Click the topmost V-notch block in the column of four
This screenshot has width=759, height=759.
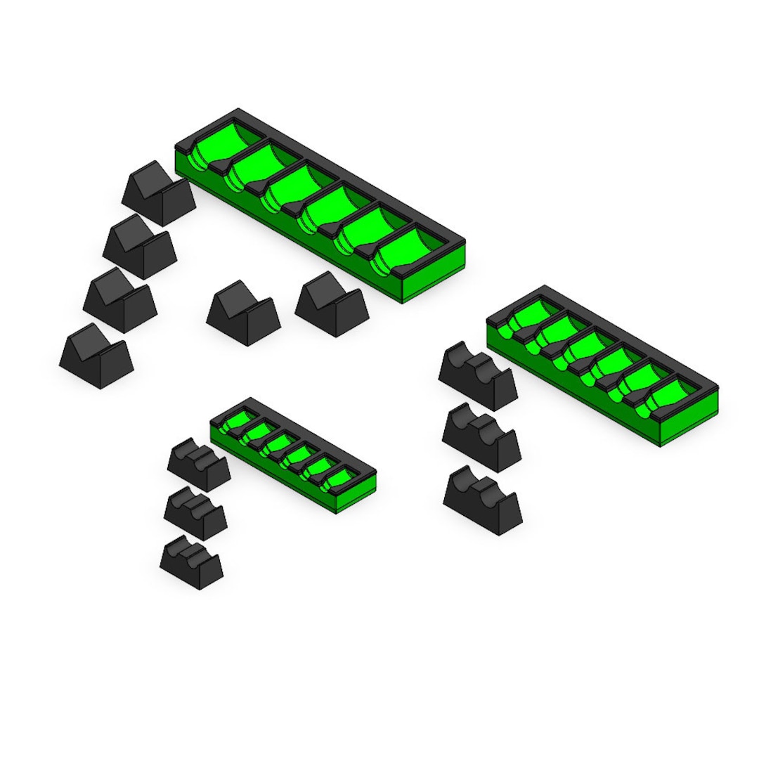pyautogui.click(x=159, y=194)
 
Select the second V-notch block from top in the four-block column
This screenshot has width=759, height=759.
pyautogui.click(x=140, y=247)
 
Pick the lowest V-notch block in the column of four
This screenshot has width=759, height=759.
pyautogui.click(x=96, y=356)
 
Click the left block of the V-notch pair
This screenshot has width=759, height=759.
pyautogui.click(x=243, y=313)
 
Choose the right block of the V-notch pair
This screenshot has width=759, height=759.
pyautogui.click(x=332, y=305)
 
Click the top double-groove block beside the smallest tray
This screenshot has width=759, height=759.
pyautogui.click(x=199, y=465)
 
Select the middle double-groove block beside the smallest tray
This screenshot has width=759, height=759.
pyautogui.click(x=195, y=514)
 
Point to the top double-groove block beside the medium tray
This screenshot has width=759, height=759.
pyautogui.click(x=478, y=376)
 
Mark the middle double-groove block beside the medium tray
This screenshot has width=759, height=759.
pyautogui.click(x=481, y=437)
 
